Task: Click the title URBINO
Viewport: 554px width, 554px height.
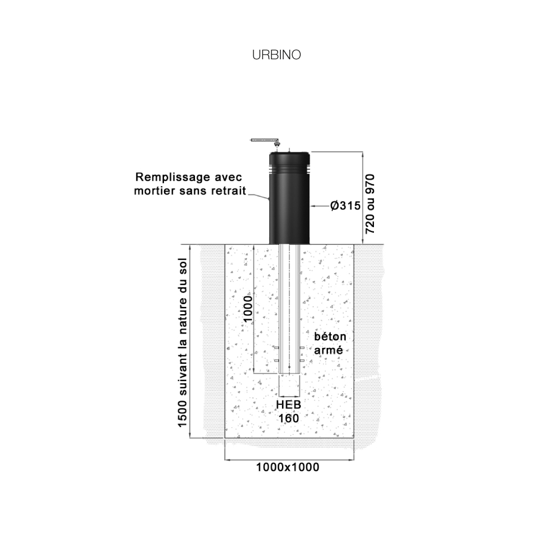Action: (x=276, y=55)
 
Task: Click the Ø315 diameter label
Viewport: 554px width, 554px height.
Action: (x=346, y=206)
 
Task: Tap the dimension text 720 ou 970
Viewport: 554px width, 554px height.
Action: (x=370, y=204)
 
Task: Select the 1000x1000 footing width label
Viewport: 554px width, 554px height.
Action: (x=288, y=467)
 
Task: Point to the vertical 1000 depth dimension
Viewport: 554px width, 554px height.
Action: (x=248, y=309)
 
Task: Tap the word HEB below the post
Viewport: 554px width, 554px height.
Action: (x=289, y=405)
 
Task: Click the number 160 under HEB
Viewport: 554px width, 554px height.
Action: (x=289, y=418)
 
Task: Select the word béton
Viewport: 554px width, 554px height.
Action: (x=330, y=336)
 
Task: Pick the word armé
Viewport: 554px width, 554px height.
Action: (x=329, y=350)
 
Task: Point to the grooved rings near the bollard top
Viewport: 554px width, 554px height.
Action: (x=289, y=170)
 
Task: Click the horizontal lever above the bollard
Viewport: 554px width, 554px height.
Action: (x=263, y=141)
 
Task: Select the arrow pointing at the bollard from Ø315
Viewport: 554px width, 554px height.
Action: (x=320, y=206)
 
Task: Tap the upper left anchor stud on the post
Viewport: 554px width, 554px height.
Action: (x=276, y=348)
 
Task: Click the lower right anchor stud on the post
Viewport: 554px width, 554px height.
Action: (x=302, y=361)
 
